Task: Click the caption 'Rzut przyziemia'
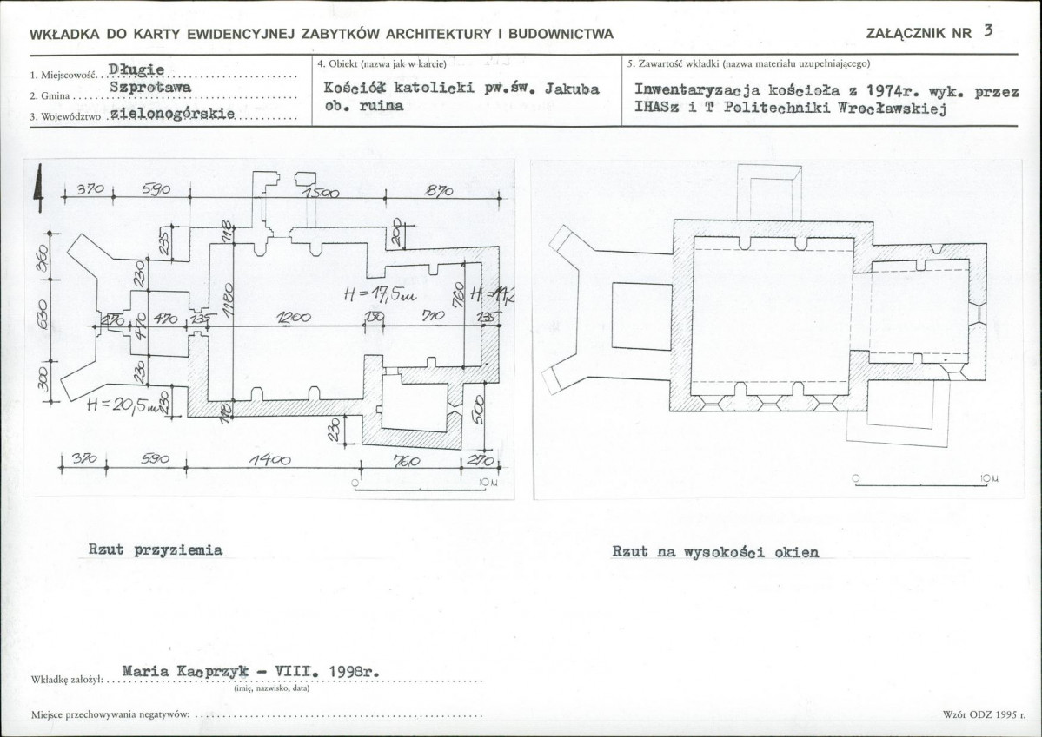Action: pyautogui.click(x=156, y=549)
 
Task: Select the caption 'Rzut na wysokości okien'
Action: pyautogui.click(x=714, y=551)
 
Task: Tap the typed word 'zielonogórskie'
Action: pyautogui.click(x=174, y=115)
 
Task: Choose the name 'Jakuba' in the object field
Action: pyautogui.click(x=572, y=89)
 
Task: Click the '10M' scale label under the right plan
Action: pyautogui.click(x=990, y=478)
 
